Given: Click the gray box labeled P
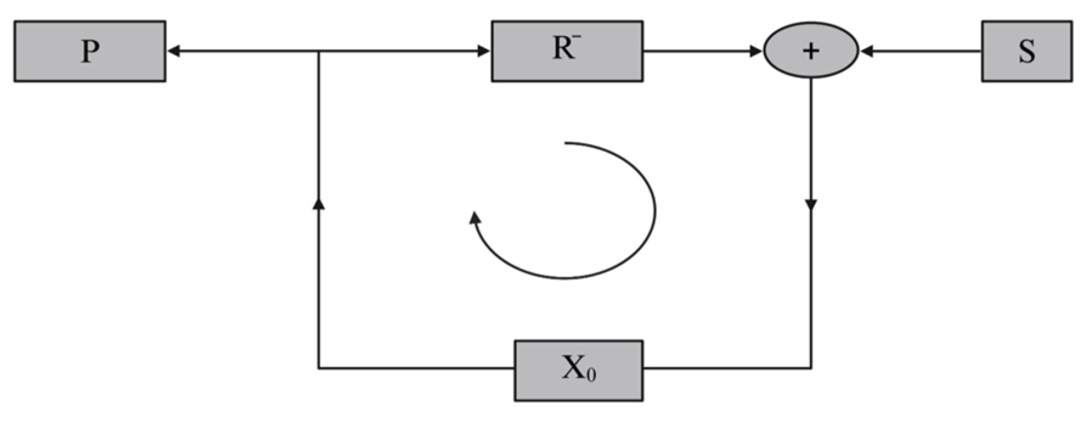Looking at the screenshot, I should (90, 51).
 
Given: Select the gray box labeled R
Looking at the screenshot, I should (567, 51).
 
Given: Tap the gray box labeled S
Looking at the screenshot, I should (1026, 51).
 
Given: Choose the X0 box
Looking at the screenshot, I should (578, 370).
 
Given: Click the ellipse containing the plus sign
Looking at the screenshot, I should (811, 51).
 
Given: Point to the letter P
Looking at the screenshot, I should (90, 52).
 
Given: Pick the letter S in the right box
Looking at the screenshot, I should (1027, 52).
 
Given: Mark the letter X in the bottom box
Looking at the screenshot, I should (573, 368).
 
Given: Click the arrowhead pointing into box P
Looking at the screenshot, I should (173, 52).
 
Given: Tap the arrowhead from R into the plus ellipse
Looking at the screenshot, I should (756, 52).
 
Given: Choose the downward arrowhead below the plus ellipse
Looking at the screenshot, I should (811, 206).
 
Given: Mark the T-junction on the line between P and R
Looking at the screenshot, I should (318, 52).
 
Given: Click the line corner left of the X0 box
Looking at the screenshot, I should (318, 368).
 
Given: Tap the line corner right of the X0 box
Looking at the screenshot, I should (811, 368).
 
